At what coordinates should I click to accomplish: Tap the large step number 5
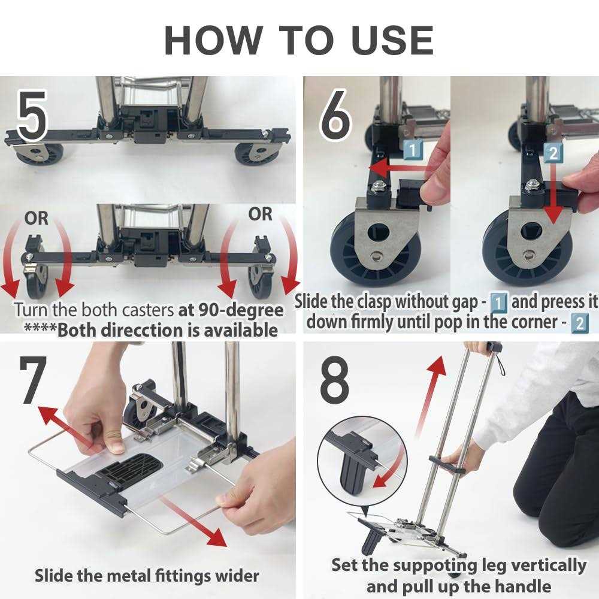click(x=32, y=116)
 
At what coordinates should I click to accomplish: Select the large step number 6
click(x=335, y=114)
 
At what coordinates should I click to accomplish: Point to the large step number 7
click(x=33, y=380)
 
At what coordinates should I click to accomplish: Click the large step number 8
click(x=334, y=380)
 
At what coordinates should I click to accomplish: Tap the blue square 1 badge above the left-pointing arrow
click(x=413, y=150)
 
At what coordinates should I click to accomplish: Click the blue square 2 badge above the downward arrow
click(x=553, y=153)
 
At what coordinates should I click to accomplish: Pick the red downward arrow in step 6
click(x=554, y=195)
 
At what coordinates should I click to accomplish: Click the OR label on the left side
click(x=37, y=219)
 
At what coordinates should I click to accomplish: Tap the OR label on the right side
click(x=260, y=214)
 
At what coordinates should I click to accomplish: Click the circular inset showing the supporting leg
click(x=362, y=461)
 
